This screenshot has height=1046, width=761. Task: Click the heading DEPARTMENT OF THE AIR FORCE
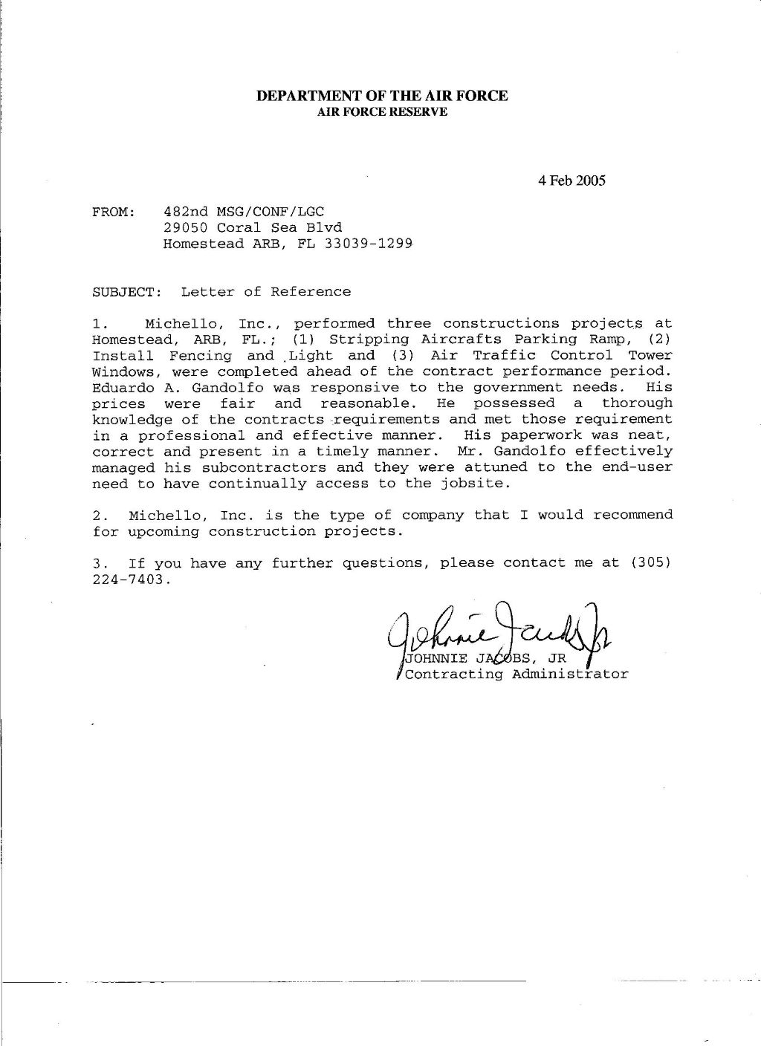[382, 96]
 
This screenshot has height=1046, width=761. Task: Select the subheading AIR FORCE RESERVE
[382, 112]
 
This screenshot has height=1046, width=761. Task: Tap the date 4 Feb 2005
[572, 181]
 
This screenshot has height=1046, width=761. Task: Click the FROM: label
[113, 212]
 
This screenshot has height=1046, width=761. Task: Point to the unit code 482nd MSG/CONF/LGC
[244, 212]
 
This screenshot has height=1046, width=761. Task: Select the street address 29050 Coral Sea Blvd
[253, 228]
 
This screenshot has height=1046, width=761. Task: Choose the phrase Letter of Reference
[265, 292]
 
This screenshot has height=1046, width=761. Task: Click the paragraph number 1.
[98, 324]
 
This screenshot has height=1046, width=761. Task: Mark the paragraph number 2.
[98, 515]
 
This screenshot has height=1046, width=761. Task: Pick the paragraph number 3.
[98, 563]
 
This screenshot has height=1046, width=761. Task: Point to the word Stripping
[369, 340]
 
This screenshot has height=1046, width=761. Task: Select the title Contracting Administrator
[514, 675]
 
